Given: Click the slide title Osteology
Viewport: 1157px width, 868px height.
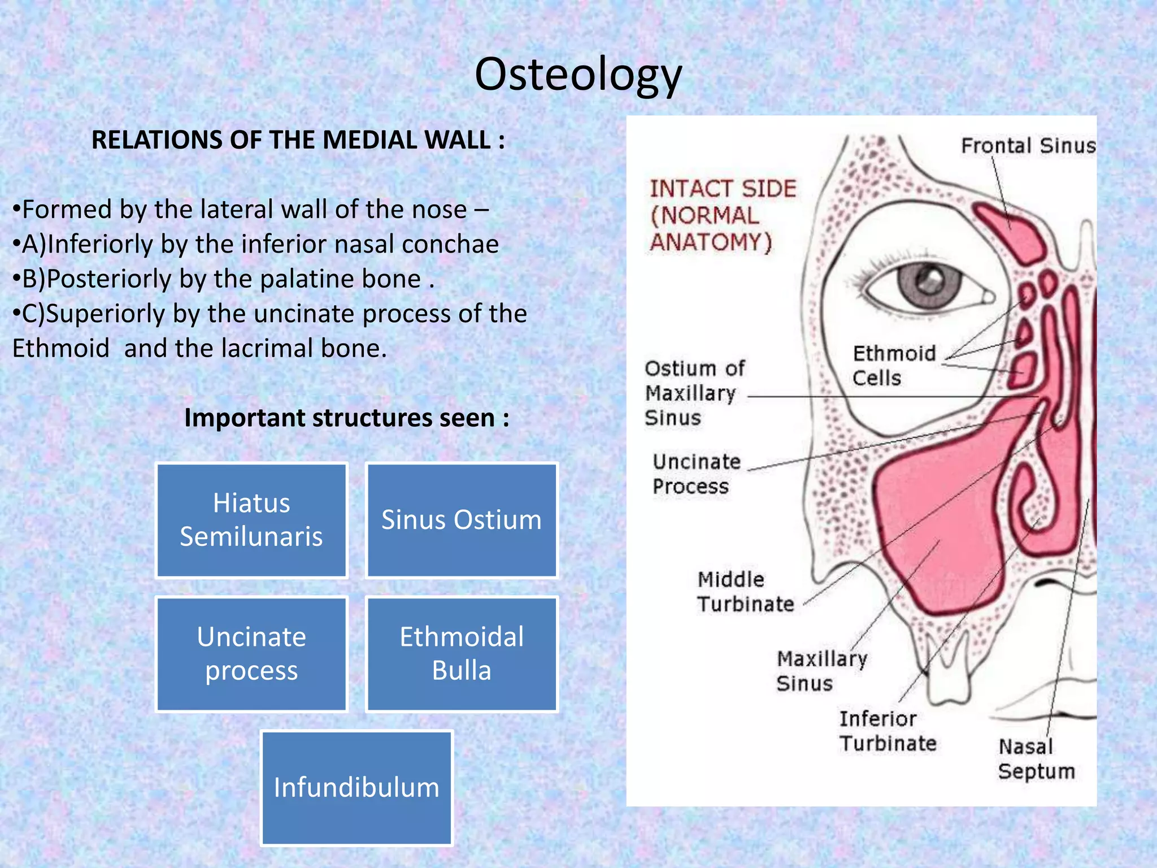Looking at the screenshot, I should pyautogui.click(x=578, y=75).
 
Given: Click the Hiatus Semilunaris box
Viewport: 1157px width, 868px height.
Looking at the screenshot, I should pyautogui.click(x=251, y=520).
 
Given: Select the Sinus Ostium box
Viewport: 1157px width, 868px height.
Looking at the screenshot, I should pyautogui.click(x=462, y=520).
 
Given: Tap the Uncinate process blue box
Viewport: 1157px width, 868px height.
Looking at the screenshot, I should pyautogui.click(x=251, y=654).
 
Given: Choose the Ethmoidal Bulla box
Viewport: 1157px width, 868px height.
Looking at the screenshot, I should pyautogui.click(x=462, y=654).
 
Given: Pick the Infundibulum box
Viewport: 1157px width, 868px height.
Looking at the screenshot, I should pyautogui.click(x=356, y=788).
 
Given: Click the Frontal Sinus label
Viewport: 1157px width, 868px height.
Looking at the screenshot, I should pyautogui.click(x=1028, y=146).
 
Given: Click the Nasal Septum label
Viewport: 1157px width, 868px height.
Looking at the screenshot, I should pyautogui.click(x=1036, y=759).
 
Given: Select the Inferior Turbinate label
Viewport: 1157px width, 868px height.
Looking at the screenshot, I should pyautogui.click(x=887, y=731).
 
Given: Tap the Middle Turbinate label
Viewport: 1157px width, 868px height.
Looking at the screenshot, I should pyautogui.click(x=745, y=592).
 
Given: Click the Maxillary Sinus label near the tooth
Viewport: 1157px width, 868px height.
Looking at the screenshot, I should pyautogui.click(x=821, y=671).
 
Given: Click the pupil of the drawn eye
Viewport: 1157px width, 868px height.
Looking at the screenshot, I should pyautogui.click(x=927, y=281).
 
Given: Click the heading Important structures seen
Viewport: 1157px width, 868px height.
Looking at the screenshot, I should pyautogui.click(x=346, y=418).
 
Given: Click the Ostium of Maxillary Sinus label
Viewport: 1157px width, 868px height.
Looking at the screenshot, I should pyautogui.click(x=694, y=393).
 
